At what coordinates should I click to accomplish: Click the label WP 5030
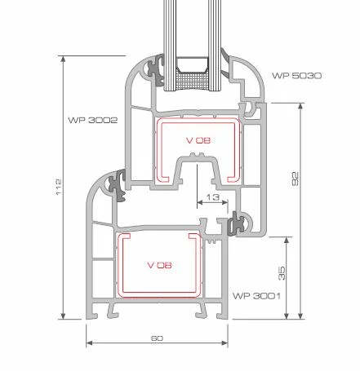pyautogui.click(x=296, y=76)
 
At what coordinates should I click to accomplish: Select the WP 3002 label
pyautogui.click(x=93, y=120)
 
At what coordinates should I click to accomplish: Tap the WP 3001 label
pyautogui.click(x=256, y=296)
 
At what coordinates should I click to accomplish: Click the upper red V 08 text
pyautogui.click(x=198, y=140)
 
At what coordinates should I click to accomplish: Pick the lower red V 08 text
pyautogui.click(x=159, y=265)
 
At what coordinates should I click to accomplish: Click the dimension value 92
pyautogui.click(x=295, y=179)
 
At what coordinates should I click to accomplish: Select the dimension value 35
pyautogui.click(x=282, y=273)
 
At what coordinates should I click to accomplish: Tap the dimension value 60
pyautogui.click(x=157, y=338)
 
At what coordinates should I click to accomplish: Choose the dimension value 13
pyautogui.click(x=213, y=197)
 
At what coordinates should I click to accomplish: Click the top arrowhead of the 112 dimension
pyautogui.click(x=63, y=59)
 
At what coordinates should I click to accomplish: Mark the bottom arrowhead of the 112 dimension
pyautogui.click(x=63, y=316)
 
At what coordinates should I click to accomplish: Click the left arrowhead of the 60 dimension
pyautogui.click(x=89, y=343)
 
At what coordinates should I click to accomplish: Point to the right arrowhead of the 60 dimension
pyautogui.click(x=224, y=343)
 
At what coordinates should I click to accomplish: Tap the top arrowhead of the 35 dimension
pyautogui.click(x=287, y=240)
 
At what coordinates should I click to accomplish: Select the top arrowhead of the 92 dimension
pyautogui.click(x=300, y=106)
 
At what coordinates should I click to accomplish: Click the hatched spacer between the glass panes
pyautogui.click(x=192, y=82)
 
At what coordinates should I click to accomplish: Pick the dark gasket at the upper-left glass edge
pyautogui.click(x=155, y=70)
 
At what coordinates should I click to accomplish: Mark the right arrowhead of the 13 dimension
pyautogui.click(x=224, y=202)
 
